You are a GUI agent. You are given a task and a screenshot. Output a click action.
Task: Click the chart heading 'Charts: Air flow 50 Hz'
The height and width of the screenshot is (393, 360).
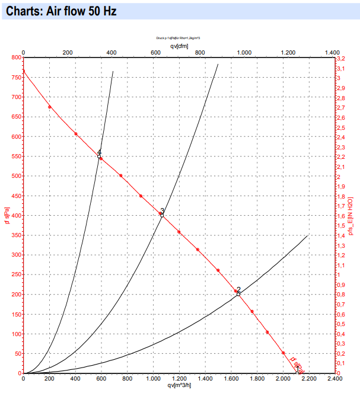pos(57,11)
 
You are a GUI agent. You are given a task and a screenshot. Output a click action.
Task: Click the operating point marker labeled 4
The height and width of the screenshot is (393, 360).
pos(99,156)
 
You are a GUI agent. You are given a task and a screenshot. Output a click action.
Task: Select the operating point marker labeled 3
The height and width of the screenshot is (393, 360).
pos(161,215)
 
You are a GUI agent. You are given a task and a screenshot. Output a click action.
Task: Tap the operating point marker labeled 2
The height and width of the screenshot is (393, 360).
pos(238,293)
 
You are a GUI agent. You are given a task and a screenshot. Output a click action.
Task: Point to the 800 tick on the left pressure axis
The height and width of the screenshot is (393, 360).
pos(14,57)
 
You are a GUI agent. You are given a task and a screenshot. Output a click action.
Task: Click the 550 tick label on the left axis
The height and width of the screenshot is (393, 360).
pos(14,156)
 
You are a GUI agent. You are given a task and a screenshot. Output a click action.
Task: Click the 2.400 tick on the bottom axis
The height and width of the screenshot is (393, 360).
pos(333,379)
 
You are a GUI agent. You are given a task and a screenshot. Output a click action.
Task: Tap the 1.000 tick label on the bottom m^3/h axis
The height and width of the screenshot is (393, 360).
pos(153,379)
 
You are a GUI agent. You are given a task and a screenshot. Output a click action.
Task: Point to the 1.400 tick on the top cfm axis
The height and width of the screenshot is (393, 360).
pos(332,52)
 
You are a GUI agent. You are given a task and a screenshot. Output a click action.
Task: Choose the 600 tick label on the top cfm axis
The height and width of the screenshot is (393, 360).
pos(155,52)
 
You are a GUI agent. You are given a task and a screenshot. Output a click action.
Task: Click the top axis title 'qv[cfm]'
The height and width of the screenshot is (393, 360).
pos(179,45)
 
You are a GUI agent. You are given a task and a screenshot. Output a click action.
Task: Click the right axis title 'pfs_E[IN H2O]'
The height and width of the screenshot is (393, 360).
pos(352,216)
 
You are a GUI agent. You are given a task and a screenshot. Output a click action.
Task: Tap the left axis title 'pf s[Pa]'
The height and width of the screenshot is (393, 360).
pos(7,216)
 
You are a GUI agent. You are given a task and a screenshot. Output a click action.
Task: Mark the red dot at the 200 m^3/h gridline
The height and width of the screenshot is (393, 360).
pos(49,107)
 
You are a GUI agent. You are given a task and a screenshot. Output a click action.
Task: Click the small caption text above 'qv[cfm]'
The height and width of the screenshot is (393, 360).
pos(178,37)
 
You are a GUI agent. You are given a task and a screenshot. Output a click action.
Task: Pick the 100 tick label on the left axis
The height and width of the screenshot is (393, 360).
pos(14,334)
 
